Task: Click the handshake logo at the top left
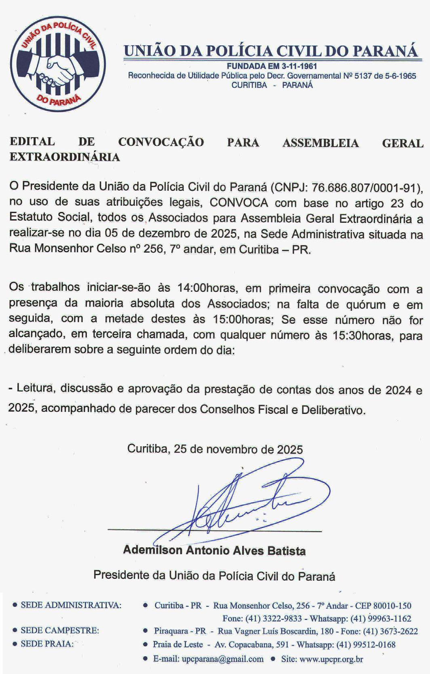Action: (x=58, y=66)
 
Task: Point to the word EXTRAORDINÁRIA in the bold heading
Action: (x=65, y=157)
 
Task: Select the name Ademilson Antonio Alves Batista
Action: (x=214, y=550)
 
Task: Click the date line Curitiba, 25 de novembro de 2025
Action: (x=215, y=449)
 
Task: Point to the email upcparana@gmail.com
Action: (x=223, y=659)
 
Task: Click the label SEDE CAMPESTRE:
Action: (x=60, y=630)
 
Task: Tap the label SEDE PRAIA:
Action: (x=47, y=644)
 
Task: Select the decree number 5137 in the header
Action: (x=363, y=76)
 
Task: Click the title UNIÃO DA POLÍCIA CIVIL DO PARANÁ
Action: (x=270, y=51)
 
